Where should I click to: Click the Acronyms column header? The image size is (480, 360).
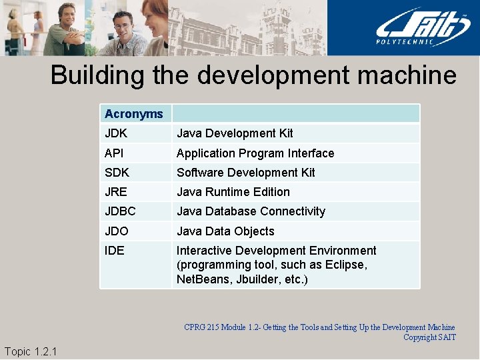point(134,114)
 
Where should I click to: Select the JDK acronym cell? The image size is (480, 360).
point(116,133)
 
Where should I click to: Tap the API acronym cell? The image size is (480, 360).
point(115,153)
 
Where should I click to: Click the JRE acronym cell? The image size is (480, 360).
point(116,192)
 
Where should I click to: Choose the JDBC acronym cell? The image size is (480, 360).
point(120,211)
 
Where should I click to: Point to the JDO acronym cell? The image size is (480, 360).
point(117,231)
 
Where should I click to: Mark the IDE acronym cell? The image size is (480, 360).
point(115,251)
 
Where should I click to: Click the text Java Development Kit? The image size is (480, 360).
point(235,133)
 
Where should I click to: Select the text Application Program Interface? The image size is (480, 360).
point(255,153)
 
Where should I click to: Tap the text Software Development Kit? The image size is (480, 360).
point(245,173)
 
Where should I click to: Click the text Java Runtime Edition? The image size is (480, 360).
point(233,192)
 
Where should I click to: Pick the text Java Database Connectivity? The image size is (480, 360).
point(251,211)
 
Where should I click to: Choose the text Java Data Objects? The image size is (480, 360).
point(225,231)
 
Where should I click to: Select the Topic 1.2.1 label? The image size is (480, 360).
point(31,351)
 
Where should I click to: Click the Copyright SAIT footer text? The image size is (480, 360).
point(429,337)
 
